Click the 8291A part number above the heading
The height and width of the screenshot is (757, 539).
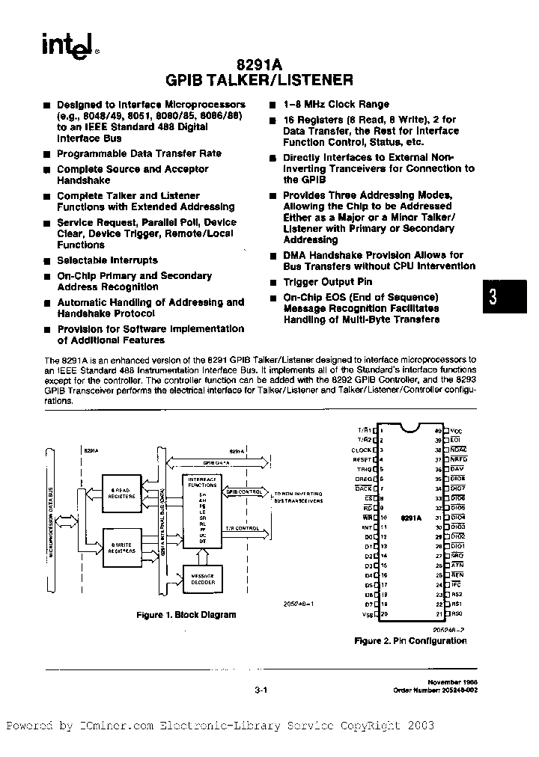click(269, 64)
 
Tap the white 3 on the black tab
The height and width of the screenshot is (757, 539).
click(493, 297)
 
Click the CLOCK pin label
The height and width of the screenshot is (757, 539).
click(362, 450)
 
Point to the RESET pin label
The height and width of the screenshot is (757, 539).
click(362, 459)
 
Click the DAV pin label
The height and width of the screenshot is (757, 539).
click(458, 468)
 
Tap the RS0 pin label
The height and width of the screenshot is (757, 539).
click(457, 613)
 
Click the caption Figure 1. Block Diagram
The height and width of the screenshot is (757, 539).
click(186, 615)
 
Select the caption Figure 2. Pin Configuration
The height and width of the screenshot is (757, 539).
click(410, 641)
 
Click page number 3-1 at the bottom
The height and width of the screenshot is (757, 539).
click(261, 691)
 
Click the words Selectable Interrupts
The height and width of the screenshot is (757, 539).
click(107, 260)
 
